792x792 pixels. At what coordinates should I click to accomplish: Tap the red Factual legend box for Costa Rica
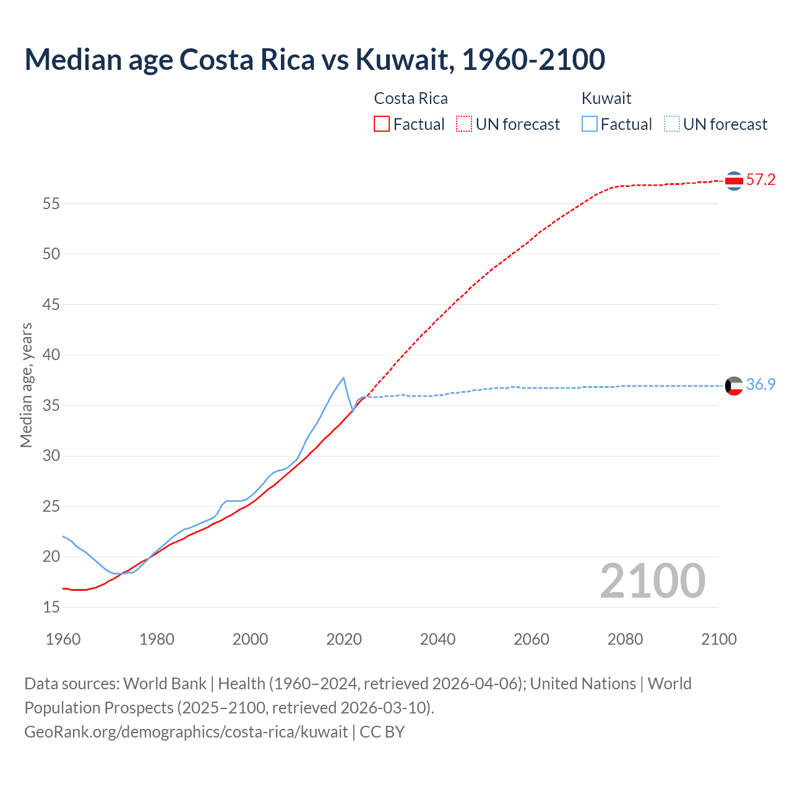382,124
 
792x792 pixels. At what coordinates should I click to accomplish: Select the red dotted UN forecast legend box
464,124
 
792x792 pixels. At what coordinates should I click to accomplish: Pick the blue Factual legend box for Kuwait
589,124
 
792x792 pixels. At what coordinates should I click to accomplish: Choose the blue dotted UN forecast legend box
671,124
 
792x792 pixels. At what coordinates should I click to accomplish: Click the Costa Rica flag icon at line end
734,181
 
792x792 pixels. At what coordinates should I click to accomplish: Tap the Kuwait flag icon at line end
734,385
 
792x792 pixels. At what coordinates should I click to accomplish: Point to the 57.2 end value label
760,180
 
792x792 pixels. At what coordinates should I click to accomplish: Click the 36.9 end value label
760,385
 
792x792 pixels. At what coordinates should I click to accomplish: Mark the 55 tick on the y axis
51,204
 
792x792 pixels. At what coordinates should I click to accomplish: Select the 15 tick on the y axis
51,608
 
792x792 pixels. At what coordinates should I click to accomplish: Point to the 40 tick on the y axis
51,355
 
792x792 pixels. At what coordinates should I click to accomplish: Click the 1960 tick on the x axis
63,639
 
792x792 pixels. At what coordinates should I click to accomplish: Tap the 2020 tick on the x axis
344,639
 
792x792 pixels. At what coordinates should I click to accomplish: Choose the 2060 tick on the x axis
532,639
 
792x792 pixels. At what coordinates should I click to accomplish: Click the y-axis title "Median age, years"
26,385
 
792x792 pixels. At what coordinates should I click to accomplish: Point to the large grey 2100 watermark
652,580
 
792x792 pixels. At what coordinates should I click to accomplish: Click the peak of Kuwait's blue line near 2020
343,377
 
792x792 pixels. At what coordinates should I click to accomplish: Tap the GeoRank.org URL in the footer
186,732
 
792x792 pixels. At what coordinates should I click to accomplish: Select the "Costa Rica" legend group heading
411,98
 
